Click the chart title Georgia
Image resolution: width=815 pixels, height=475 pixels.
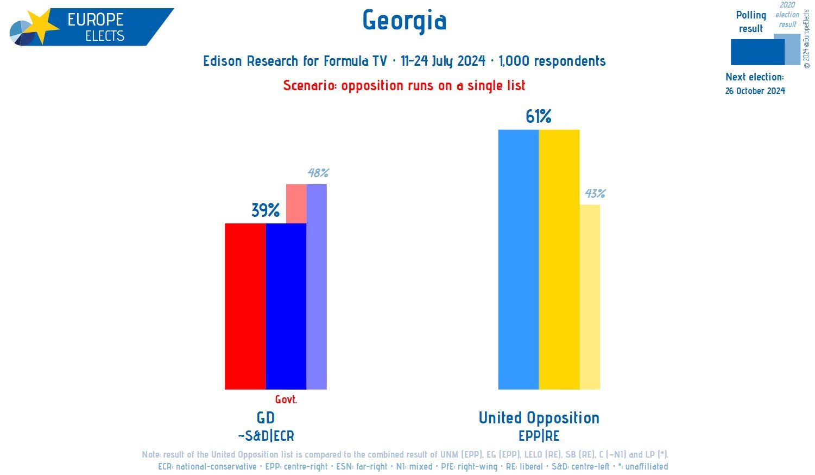coord(405,21)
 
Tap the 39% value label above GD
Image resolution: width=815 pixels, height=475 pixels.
coord(265,210)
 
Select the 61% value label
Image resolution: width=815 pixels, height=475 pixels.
coord(538,116)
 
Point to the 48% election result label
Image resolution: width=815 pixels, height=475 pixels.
coord(318,173)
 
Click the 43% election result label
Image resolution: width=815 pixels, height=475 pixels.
coord(595,193)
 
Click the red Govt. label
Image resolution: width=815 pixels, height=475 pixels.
coord(286,399)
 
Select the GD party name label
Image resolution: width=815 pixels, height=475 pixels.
coord(266,417)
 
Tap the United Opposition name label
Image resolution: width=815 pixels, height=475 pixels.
coord(539,417)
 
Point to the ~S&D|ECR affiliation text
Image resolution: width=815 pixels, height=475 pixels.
coord(266,436)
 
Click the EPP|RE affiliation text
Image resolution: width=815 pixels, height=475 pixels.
coord(539,436)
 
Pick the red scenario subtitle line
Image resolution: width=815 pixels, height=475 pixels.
coord(405,85)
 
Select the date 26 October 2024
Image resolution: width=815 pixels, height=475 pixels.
coord(755,91)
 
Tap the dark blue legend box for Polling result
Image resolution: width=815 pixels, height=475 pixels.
coord(757,52)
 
